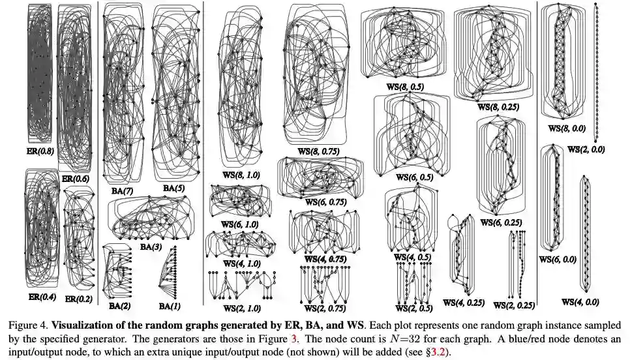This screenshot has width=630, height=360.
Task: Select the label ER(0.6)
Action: coord(72,178)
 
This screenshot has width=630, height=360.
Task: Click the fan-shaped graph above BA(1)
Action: coord(169,271)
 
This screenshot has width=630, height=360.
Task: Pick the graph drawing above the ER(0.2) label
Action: coord(78,241)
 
